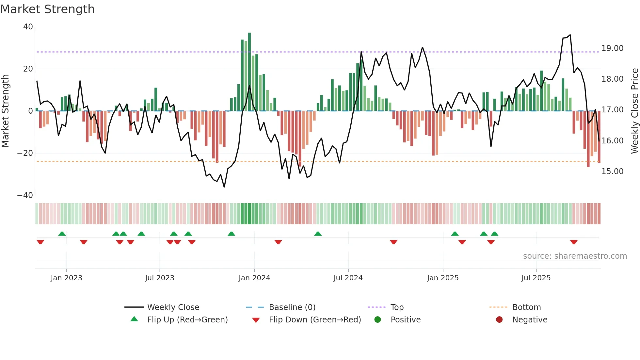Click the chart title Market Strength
point(47,9)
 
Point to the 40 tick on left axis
point(28,27)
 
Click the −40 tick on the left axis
point(25,195)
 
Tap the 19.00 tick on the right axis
point(612,48)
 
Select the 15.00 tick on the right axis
point(612,172)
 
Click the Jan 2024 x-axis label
point(254,278)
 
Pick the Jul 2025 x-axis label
point(536,278)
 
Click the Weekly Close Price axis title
point(634,111)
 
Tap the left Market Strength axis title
point(6,111)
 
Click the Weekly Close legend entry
point(173,307)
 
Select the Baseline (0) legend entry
point(292,307)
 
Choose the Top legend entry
point(397,307)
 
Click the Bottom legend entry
point(526,307)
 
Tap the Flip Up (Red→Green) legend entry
point(187,320)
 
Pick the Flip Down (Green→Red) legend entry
point(315,320)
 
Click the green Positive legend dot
point(377,320)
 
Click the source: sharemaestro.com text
point(575,256)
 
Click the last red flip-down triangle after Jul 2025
point(574,242)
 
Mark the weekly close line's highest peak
point(570,35)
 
